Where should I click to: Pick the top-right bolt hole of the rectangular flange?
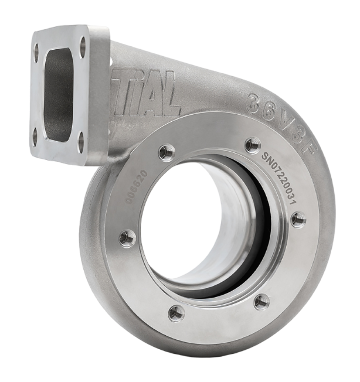tap(83, 42)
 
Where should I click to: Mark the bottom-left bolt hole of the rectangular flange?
tap(36, 135)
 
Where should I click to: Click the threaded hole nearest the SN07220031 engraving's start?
tap(253, 144)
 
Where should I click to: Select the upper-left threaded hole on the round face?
tap(167, 151)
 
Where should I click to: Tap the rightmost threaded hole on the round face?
tap(298, 219)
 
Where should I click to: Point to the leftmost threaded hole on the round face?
tap(127, 237)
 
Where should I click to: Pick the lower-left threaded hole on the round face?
tap(176, 313)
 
